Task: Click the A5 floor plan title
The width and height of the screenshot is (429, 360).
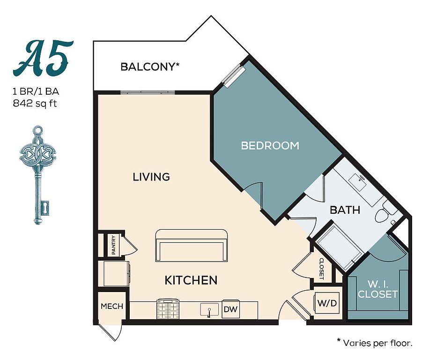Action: [43, 59]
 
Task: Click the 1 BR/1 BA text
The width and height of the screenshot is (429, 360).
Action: [36, 92]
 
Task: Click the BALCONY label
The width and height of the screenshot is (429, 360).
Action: [150, 67]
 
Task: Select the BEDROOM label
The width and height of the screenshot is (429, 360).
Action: [270, 145]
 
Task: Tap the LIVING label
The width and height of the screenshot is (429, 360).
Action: [151, 177]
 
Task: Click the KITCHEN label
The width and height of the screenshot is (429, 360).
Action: [191, 280]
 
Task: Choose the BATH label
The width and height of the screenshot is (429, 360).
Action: [345, 210]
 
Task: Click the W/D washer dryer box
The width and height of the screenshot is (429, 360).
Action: [326, 303]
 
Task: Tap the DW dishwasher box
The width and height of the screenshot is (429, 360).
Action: [230, 309]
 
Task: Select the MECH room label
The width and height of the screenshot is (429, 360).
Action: [112, 306]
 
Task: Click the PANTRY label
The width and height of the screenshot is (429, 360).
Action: [114, 245]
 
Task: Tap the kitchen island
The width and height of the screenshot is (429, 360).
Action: [192, 246]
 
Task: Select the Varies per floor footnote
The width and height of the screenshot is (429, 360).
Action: [374, 343]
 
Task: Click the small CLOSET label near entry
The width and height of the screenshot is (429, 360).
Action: [322, 269]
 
